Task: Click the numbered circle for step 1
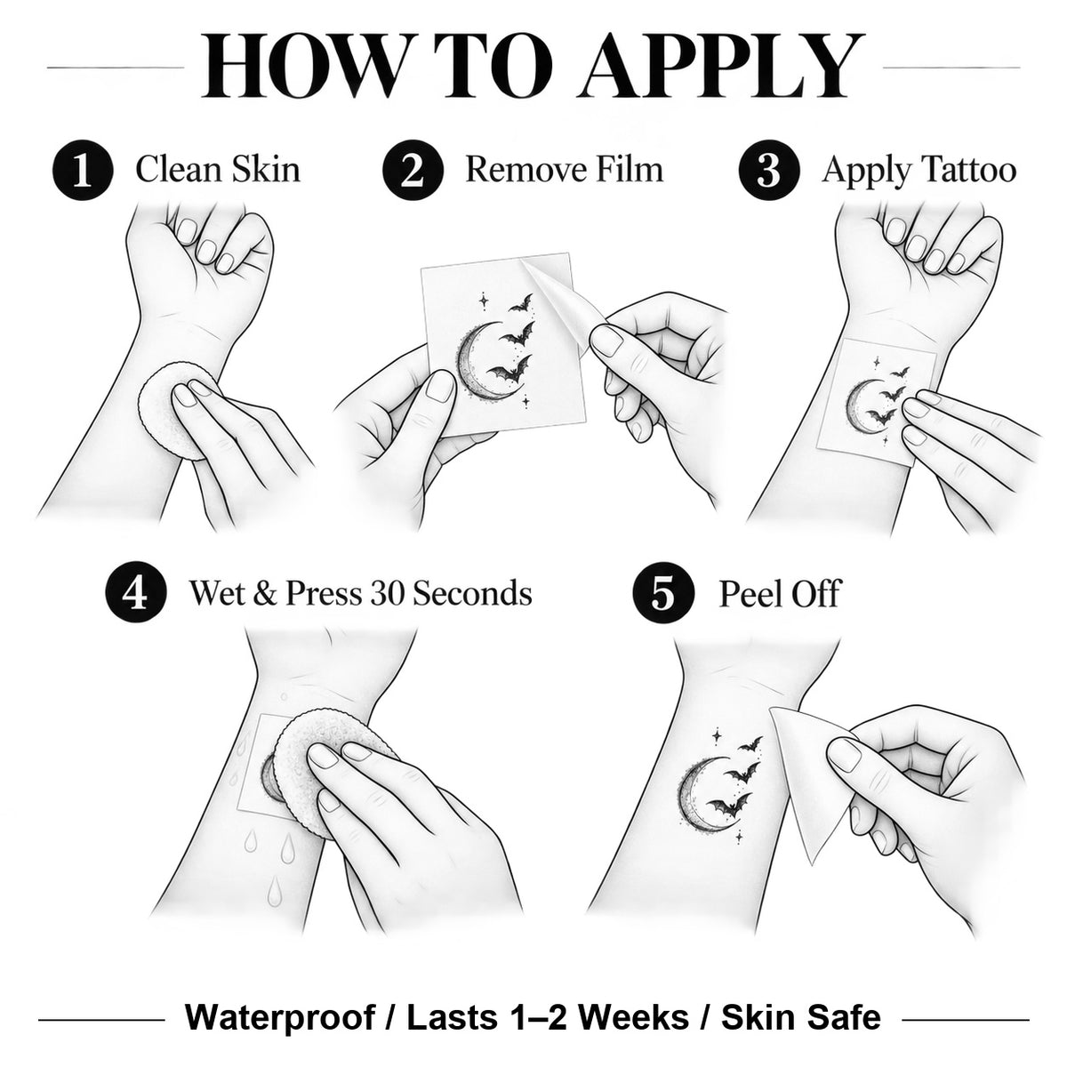coord(83,170)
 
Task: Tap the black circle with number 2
coord(413,170)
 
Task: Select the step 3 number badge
coord(769,170)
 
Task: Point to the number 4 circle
coord(136,594)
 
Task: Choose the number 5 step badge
coord(662,594)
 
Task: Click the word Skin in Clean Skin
coord(266,169)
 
